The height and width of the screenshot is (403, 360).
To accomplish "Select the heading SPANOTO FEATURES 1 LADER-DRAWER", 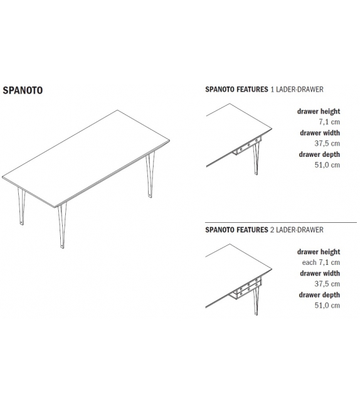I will pyautogui.click(x=264, y=90).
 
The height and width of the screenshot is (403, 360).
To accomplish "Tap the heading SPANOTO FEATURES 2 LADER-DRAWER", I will pyautogui.click(x=264, y=230).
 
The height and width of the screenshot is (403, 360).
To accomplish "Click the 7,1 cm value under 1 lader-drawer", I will pyautogui.click(x=329, y=122).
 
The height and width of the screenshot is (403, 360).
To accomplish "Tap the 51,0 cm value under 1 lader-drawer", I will pyautogui.click(x=327, y=164).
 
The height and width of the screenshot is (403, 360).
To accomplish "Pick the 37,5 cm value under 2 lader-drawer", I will pyautogui.click(x=327, y=284).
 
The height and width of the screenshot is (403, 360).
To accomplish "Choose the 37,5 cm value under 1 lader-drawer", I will pyautogui.click(x=327, y=144).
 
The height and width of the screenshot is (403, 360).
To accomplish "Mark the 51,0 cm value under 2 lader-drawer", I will pyautogui.click(x=327, y=305).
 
